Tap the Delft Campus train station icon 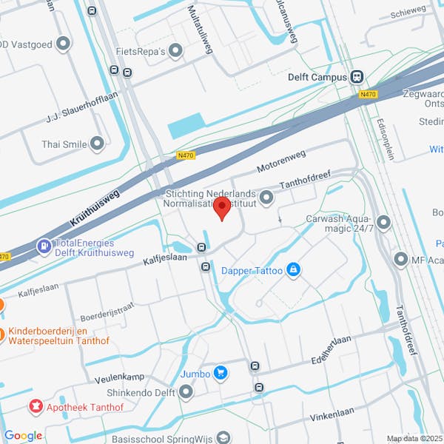358,76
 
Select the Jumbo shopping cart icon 220,373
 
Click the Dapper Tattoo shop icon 294,270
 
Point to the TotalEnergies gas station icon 44,243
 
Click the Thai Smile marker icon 98,144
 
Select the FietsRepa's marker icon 175,51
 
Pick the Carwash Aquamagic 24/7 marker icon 383,223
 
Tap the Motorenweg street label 280,163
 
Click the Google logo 23,435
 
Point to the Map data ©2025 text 413,438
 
